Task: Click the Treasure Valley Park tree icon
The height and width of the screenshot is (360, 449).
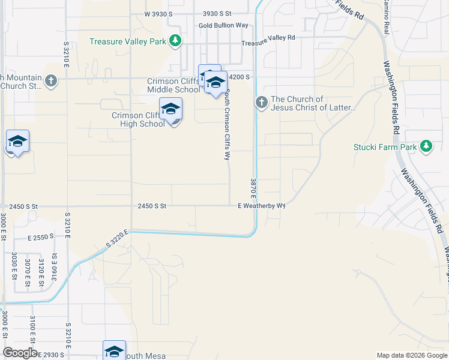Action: (x=175, y=41)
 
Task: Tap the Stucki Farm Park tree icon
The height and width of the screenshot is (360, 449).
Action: (x=426, y=146)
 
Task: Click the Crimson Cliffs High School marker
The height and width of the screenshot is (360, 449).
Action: (x=171, y=110)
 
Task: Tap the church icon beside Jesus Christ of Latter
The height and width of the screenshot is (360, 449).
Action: (x=261, y=103)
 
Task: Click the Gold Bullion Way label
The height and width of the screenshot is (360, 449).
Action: (x=223, y=25)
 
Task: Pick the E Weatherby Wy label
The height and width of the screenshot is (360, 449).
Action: (x=261, y=206)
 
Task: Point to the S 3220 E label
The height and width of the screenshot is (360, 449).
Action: (x=118, y=239)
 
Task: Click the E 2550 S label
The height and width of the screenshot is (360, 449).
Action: (x=41, y=236)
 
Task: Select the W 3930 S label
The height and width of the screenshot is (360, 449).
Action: (x=162, y=13)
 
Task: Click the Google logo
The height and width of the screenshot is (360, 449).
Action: (x=20, y=353)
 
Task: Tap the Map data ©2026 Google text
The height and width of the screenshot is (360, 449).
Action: (x=411, y=355)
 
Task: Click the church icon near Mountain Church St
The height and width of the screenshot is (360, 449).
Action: (x=50, y=80)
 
